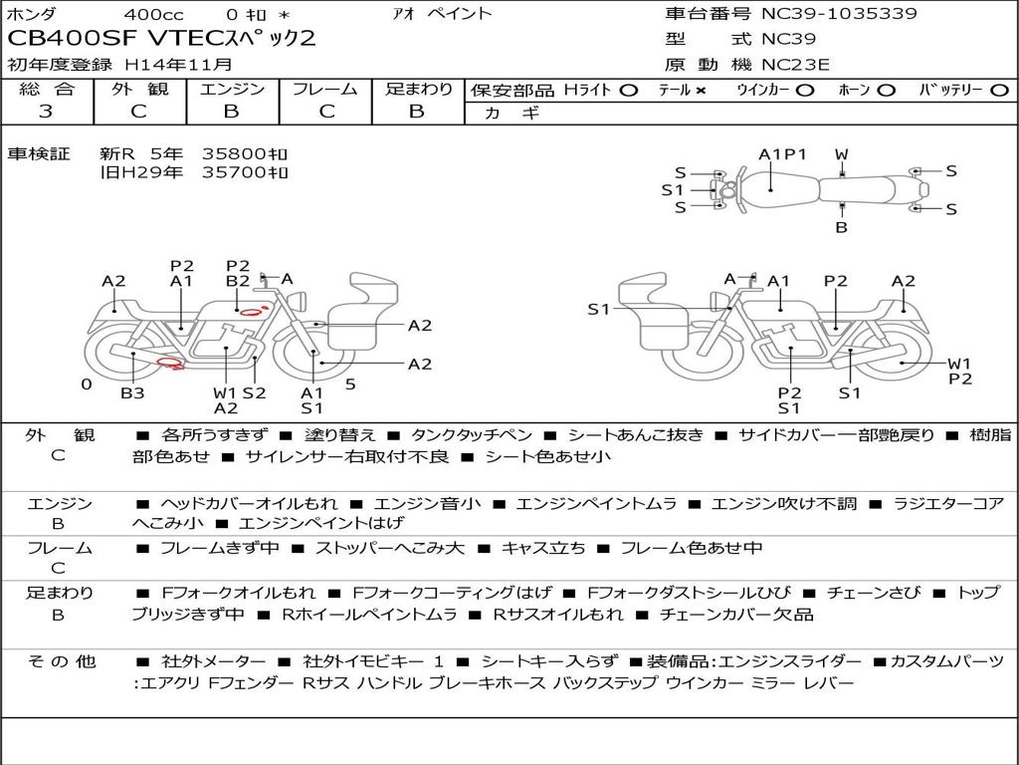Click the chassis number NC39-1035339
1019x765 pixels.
pos(839,14)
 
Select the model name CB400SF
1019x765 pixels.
pos(72,38)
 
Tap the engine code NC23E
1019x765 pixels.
pos(795,65)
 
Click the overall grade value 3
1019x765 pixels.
pos(46,112)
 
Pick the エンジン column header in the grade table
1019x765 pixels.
pos(232,89)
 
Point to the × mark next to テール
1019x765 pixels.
pos(701,91)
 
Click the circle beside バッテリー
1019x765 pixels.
pos(999,91)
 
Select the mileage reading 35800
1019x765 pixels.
pos(235,153)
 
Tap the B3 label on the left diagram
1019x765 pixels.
pos(132,392)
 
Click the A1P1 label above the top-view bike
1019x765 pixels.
pos(782,154)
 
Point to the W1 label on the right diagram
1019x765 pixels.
pos(959,364)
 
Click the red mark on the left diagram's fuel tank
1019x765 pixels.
pos(254,311)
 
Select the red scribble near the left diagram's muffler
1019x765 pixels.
pos(171,363)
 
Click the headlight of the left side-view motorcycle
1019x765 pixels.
pos(299,301)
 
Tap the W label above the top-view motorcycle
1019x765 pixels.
pos(842,154)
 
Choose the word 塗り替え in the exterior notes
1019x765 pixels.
pos(340,434)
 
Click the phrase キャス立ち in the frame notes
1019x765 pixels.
pos(542,548)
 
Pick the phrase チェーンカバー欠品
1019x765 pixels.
pos(736,614)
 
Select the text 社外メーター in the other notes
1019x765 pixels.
pos(213,661)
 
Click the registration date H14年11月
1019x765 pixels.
pos(178,65)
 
